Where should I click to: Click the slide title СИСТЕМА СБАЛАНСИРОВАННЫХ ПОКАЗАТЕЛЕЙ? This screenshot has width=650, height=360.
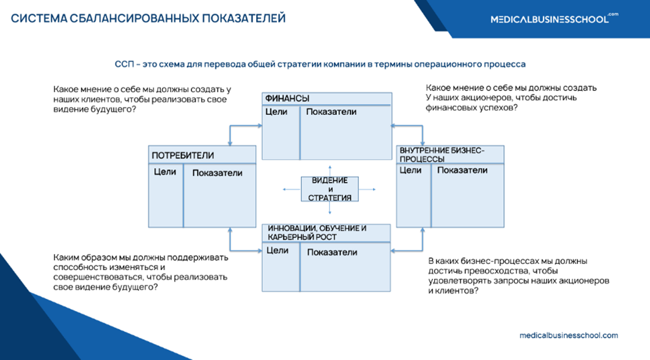(149, 18)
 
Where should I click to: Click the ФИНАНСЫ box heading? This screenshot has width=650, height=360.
(287, 98)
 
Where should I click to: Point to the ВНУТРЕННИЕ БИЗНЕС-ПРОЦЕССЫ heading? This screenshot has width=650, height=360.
(441, 154)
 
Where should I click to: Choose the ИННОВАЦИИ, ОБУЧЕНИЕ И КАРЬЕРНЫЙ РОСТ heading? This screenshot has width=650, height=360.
(316, 232)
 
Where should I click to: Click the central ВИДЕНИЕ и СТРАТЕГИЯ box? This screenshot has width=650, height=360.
(330, 189)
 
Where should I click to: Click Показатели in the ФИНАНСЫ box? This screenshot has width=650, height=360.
(331, 112)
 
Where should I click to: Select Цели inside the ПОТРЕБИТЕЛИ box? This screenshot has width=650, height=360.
(165, 172)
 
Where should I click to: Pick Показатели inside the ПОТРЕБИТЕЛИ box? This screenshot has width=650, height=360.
(217, 173)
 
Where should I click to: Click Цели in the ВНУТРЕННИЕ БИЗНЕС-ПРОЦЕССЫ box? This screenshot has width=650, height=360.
(410, 170)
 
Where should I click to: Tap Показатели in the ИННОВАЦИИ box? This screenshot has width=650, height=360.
(332, 252)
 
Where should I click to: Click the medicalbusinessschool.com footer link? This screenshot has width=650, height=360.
(568, 336)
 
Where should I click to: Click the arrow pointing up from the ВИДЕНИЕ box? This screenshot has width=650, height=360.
(330, 168)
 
